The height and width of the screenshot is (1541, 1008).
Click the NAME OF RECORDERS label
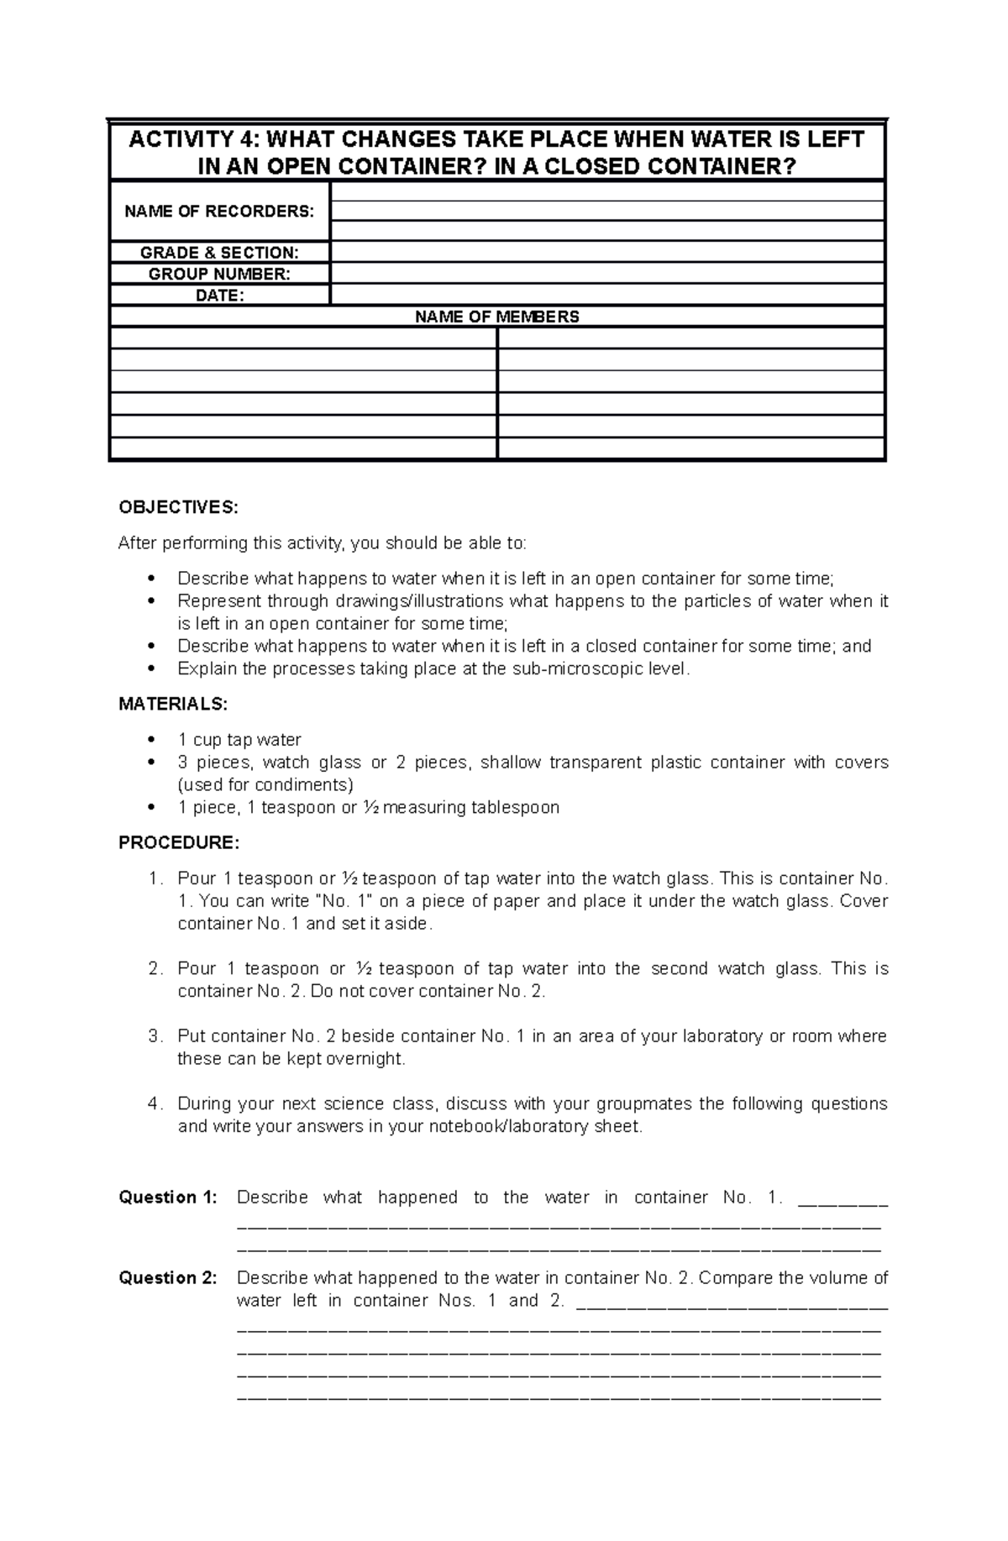click(x=219, y=212)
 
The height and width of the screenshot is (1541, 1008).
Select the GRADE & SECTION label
click(x=219, y=253)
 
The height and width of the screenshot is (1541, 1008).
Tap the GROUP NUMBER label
click(x=219, y=274)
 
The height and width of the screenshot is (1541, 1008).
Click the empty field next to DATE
click(x=607, y=295)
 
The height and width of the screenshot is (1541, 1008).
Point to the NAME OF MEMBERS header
click(x=497, y=317)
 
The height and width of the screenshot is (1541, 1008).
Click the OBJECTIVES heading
click(x=178, y=507)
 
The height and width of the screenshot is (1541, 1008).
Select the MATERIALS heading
click(x=173, y=704)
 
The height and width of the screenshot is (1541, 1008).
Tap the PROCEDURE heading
click(x=179, y=842)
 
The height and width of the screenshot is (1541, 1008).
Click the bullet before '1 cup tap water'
click(x=151, y=740)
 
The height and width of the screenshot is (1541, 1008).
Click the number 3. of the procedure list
click(x=155, y=1036)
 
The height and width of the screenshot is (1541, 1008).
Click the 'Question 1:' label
click(x=168, y=1198)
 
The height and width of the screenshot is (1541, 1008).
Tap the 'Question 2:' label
click(x=168, y=1278)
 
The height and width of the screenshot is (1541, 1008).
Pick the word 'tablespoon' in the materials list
click(x=515, y=808)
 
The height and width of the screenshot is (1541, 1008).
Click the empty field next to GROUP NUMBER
click(x=607, y=274)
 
